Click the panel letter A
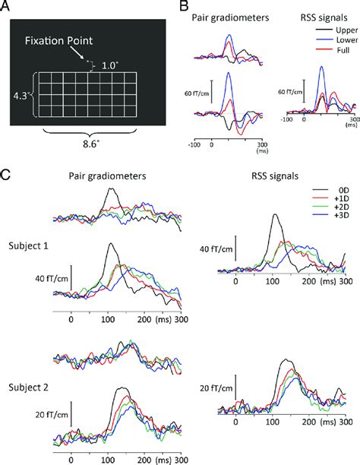coord(6,6)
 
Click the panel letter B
coord(182,6)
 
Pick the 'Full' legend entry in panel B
coord(337,50)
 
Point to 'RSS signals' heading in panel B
coord(314,14)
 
